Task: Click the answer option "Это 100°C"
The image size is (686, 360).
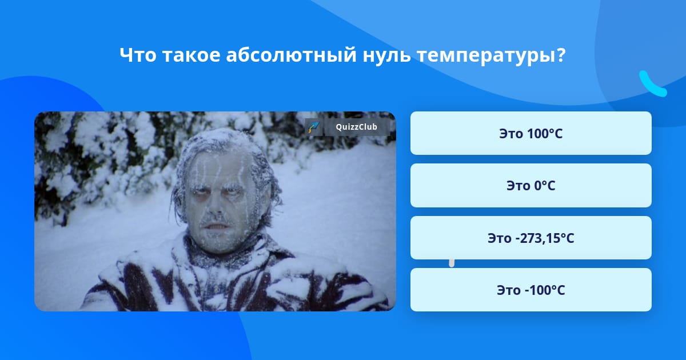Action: click(x=531, y=133)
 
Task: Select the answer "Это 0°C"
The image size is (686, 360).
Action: click(x=531, y=186)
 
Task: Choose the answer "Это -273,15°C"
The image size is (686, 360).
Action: click(x=531, y=238)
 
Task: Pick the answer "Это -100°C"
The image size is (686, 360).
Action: click(x=531, y=290)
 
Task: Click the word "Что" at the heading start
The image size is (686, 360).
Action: click(x=138, y=55)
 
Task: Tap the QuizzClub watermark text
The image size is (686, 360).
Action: click(x=357, y=127)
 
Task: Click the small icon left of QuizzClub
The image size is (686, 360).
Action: click(x=313, y=127)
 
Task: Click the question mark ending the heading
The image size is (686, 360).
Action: click(x=561, y=55)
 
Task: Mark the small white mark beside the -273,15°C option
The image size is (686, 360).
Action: click(x=452, y=262)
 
